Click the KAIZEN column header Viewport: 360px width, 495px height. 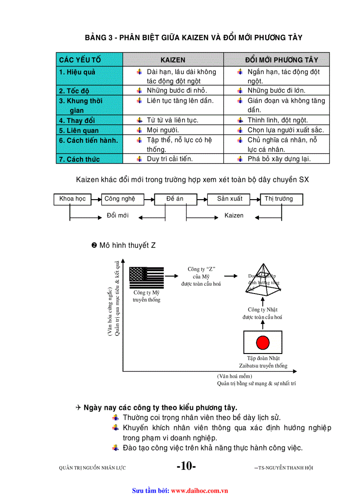click(172, 60)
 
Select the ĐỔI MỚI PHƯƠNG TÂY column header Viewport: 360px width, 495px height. click(281, 60)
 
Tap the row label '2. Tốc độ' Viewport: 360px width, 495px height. click(74, 91)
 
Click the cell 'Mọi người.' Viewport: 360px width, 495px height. click(163, 130)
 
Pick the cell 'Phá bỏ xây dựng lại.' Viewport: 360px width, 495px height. click(279, 159)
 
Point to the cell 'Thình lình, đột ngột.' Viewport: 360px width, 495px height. click(277, 120)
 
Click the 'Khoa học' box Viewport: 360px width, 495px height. click(72, 199)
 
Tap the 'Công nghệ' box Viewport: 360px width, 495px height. click(120, 199)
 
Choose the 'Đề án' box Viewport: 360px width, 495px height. click(175, 199)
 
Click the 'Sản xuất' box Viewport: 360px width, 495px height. click(229, 199)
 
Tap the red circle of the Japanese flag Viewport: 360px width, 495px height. click(263, 342)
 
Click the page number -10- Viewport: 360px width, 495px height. click(186, 466)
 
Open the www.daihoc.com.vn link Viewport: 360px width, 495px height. click(199, 490)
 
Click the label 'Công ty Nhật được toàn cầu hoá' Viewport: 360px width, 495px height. click(262, 313)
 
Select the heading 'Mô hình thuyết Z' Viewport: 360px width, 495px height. click(127, 246)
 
